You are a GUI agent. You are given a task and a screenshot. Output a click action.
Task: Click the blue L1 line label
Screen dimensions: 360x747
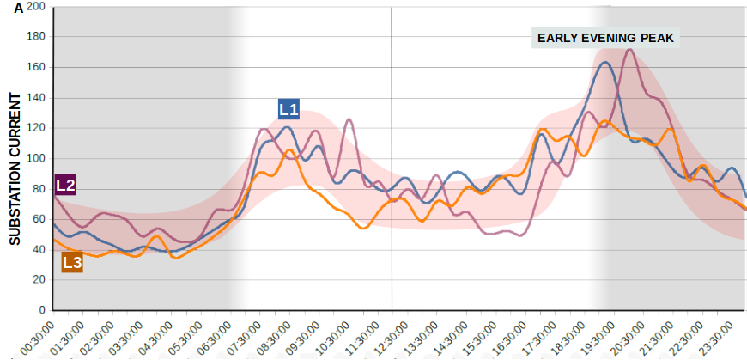coord(288,109)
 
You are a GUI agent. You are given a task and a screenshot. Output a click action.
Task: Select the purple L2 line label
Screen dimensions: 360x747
coord(66,185)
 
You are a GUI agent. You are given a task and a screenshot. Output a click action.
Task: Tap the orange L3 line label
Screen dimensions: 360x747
coord(72,263)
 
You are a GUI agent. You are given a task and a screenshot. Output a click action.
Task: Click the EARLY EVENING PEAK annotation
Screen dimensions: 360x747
coord(607,38)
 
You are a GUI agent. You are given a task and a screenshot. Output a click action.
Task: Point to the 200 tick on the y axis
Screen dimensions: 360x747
coord(35,7)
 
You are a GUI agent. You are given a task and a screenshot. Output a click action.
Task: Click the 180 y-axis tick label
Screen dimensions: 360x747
coord(35,37)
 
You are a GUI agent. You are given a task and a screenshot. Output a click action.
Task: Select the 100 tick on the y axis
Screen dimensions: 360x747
coord(35,158)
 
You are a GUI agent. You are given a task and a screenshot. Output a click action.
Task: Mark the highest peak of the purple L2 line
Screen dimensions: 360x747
coord(629,50)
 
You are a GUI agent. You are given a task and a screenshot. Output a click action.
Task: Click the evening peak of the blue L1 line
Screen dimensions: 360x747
coord(605,63)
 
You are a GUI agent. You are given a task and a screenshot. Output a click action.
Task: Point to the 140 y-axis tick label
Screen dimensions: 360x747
coord(35,98)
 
